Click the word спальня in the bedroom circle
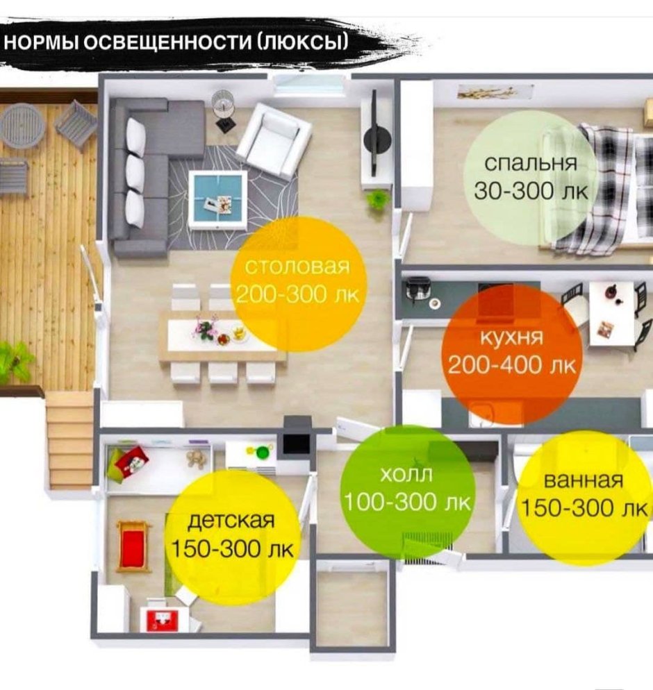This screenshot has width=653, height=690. coord(530,164)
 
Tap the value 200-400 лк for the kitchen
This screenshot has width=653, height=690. coord(511,364)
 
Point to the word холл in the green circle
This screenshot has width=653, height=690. coord(407,475)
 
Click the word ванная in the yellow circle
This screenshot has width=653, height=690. coord(584,480)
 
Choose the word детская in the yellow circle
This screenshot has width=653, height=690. coord(231,520)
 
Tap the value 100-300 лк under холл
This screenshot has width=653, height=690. coord(408,502)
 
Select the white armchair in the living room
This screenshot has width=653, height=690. coord(274,141)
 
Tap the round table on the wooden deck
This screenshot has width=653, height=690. coord(22,124)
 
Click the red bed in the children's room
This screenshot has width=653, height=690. coord(133,545)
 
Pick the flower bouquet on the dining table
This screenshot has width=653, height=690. coord(206,328)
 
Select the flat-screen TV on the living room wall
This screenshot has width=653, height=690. coord(374,132)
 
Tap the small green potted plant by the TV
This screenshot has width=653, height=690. coord(377,200)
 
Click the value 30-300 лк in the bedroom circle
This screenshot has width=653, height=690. coord(531,191)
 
